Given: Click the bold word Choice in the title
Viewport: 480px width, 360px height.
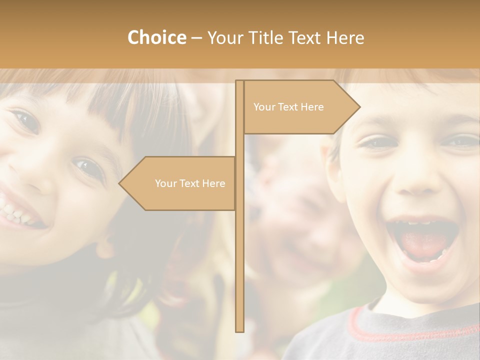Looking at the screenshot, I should coord(156,37).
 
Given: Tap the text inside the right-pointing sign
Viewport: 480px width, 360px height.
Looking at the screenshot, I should coord(288,107).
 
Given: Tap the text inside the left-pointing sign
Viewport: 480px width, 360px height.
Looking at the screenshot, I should coord(190,183).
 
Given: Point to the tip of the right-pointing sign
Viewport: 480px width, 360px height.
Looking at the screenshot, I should coord(359,106).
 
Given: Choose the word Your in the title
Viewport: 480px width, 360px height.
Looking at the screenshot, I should coord(224,38).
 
